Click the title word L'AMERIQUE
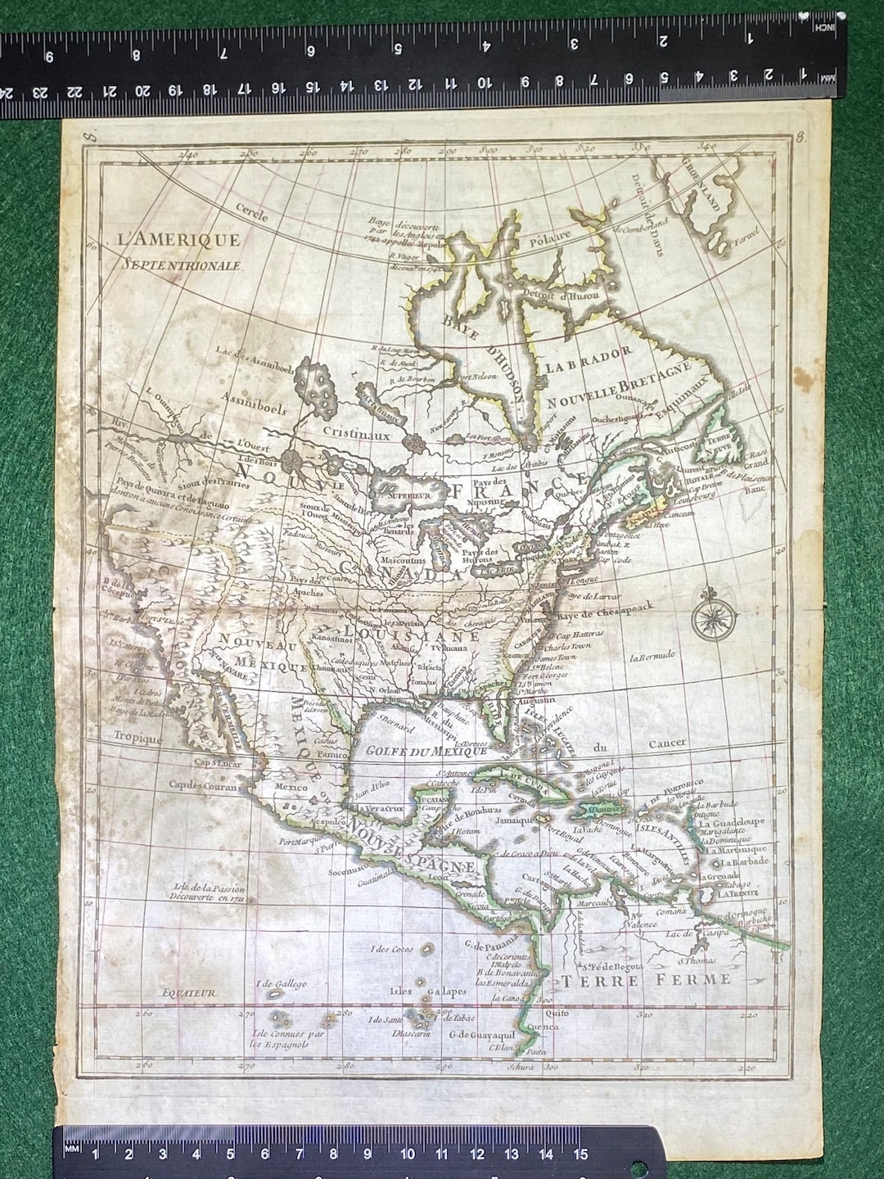coord(178,240)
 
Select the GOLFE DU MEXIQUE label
coord(414,750)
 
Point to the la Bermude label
coord(652,656)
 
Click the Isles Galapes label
coord(417,992)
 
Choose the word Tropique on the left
coord(138,737)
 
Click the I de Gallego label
coord(281,983)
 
